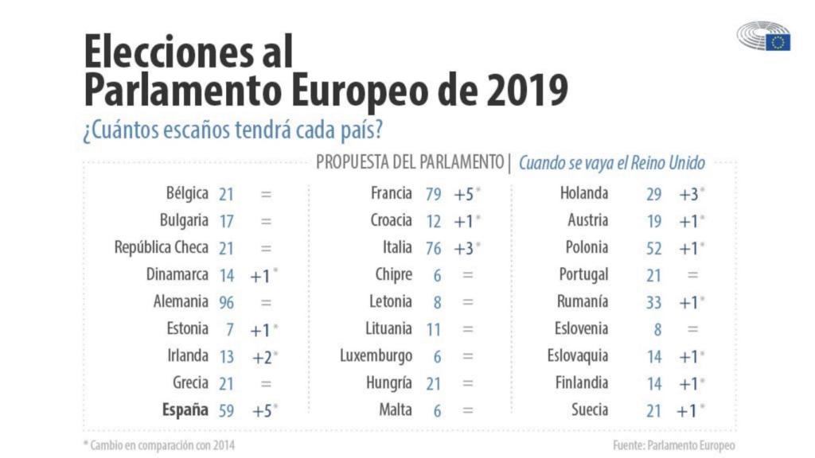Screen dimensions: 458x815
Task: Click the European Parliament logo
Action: (x=763, y=37)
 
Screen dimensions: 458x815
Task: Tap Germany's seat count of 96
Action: (x=226, y=303)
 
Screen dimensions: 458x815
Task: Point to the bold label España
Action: (x=185, y=410)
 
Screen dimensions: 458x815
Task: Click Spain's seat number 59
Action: (x=226, y=411)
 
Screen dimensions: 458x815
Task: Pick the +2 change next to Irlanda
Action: (x=263, y=357)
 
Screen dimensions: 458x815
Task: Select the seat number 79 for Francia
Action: (x=433, y=193)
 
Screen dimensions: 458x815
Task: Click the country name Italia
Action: (x=397, y=247)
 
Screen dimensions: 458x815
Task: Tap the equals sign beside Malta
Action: (x=467, y=411)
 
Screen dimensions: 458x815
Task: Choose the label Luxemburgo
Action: (x=376, y=356)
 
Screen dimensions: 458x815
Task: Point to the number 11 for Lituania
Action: (x=433, y=329)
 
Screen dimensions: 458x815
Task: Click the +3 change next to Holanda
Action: (x=688, y=193)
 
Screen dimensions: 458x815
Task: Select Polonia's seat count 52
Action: (x=653, y=248)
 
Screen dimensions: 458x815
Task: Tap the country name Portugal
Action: (x=583, y=275)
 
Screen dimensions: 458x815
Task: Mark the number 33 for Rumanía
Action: (x=653, y=302)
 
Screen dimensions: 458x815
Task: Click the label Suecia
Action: (x=589, y=410)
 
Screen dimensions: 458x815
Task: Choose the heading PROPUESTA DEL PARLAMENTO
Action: (x=410, y=162)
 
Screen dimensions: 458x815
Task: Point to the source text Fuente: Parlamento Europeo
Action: (x=673, y=445)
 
